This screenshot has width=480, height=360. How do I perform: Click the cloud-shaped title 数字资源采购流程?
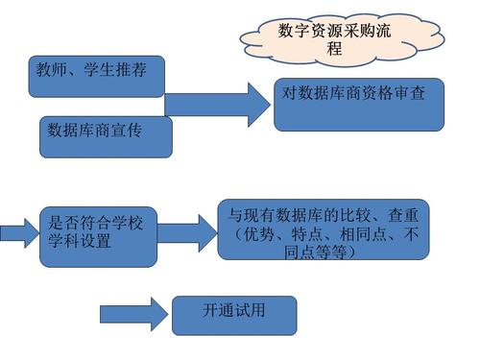click(342, 40)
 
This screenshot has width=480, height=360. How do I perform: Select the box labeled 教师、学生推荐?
click(97, 77)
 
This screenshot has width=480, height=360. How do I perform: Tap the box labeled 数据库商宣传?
click(106, 137)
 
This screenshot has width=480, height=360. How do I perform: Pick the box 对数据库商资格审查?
click(359, 105)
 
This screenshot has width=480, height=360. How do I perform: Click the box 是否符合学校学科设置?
click(98, 237)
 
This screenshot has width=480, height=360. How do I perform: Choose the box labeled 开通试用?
click(234, 316)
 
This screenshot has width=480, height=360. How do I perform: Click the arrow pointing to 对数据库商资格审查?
click(218, 105)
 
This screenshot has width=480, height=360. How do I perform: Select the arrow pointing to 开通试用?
click(134, 314)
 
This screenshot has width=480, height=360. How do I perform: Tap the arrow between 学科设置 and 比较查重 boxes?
click(187, 233)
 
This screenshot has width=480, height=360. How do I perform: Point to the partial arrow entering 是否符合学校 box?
click(19, 233)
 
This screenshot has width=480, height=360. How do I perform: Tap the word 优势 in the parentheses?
click(259, 234)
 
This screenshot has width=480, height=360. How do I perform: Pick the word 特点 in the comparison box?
click(307, 234)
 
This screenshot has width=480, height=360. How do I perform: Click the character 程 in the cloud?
click(334, 49)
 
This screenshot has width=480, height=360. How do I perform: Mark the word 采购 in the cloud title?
click(358, 31)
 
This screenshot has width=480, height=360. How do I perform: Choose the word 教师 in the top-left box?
click(52, 69)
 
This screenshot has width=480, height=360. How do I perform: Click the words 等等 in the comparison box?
click(331, 252)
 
